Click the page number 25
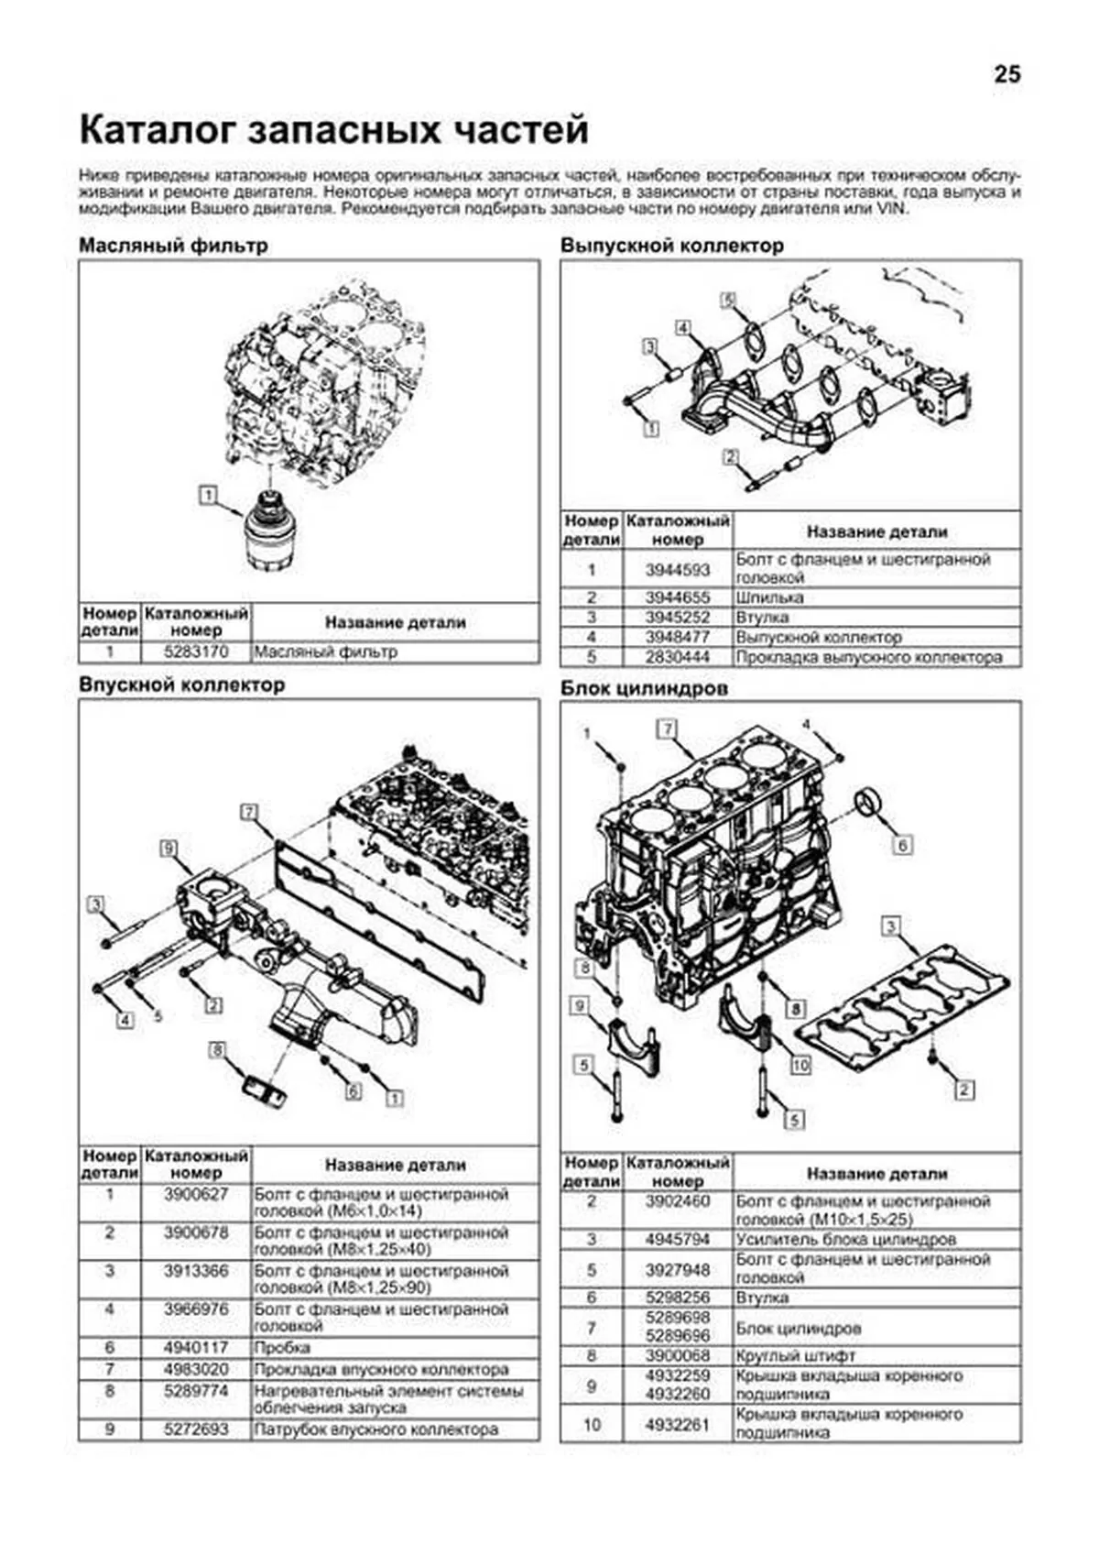click(1007, 75)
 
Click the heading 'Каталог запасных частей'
click(333, 130)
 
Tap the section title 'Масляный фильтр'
click(173, 246)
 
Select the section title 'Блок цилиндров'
click(644, 687)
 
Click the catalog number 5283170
click(196, 652)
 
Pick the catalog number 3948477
click(677, 637)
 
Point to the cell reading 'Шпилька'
click(769, 597)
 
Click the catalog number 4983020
click(196, 1369)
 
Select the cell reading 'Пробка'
click(282, 1348)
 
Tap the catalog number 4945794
click(677, 1240)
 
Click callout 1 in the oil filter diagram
click(209, 496)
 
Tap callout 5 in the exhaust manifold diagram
click(728, 300)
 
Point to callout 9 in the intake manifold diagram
click(169, 849)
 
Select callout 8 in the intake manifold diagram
click(217, 1049)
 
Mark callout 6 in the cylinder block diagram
click(902, 844)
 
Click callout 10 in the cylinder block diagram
click(800, 1065)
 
